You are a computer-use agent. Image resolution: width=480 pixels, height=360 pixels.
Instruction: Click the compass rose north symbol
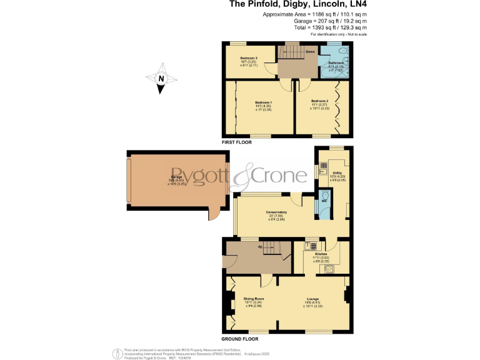[x=161, y=79]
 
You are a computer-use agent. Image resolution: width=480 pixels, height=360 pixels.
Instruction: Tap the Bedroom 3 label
[x=249, y=58]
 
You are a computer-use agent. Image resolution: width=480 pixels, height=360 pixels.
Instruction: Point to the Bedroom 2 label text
[x=319, y=101]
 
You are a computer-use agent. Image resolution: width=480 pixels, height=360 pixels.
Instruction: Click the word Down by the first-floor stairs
[x=310, y=52]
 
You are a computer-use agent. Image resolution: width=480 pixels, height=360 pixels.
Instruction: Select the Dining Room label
[x=253, y=299]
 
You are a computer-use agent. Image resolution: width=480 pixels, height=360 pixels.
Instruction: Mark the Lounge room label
[x=312, y=299]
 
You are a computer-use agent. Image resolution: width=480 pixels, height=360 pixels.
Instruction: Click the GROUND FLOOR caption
[x=240, y=338]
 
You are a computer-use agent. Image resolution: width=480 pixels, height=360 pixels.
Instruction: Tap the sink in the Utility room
[x=322, y=166]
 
